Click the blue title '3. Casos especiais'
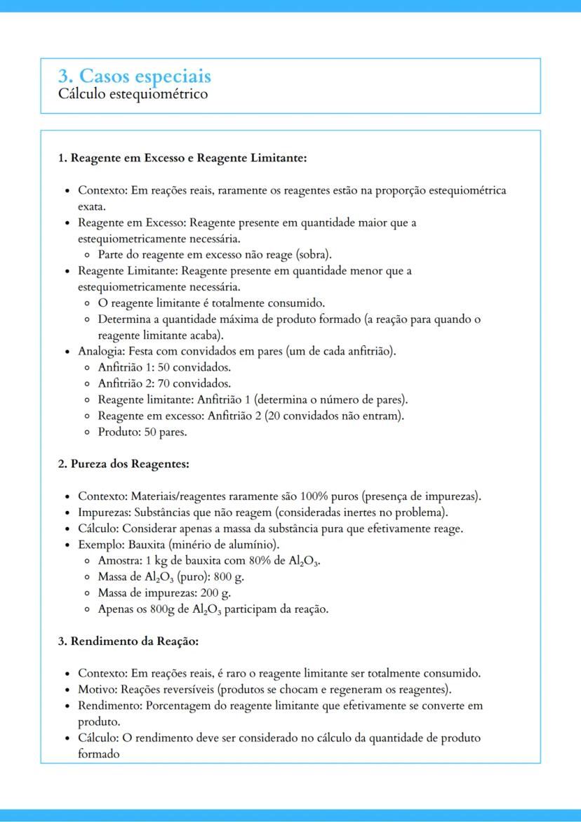(x=134, y=76)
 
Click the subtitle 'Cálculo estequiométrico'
(x=133, y=93)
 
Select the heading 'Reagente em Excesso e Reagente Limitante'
(x=189, y=158)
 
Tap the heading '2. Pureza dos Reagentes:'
(x=123, y=464)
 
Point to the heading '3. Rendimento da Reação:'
(x=128, y=641)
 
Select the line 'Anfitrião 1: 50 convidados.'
(x=164, y=367)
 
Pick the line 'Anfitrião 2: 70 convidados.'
(x=164, y=383)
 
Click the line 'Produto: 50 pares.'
(x=142, y=432)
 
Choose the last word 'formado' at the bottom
(x=98, y=754)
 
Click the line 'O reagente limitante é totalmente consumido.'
(x=211, y=303)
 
